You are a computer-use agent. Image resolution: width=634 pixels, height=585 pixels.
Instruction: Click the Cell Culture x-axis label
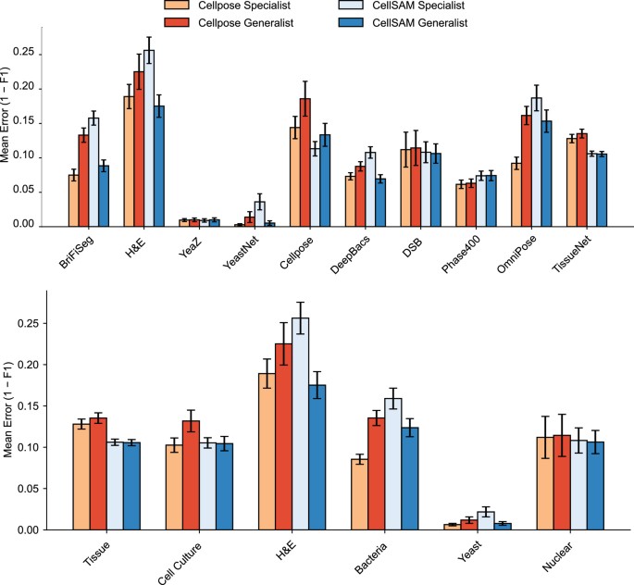click(186, 559)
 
